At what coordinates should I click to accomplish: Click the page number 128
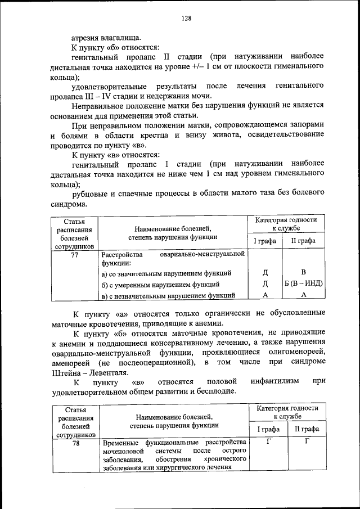(186, 18)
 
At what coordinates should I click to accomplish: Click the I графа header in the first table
(264, 241)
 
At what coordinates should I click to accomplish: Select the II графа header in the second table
(307, 429)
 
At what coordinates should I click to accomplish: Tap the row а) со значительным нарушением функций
(166, 273)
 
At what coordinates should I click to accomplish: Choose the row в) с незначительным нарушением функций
(168, 295)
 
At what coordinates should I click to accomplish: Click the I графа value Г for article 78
(268, 441)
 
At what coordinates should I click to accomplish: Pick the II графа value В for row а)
(303, 272)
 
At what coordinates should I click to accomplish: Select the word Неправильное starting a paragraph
(100, 106)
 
